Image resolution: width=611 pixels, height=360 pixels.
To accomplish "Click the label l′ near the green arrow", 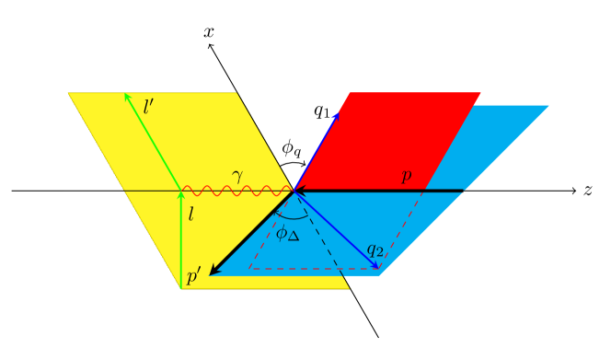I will coord(148,107).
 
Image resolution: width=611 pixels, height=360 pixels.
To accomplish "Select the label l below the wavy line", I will coord(190,215).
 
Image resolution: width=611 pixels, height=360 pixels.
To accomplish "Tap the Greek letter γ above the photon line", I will coord(237,176).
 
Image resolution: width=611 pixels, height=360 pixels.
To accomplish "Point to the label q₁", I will coord(321,111).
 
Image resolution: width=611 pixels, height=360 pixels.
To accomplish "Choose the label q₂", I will coord(375,250).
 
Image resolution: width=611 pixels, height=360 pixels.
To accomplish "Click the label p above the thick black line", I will coord(406,176).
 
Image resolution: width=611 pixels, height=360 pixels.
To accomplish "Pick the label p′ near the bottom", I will coord(193,277).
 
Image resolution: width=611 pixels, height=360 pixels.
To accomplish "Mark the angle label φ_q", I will coord(291,146).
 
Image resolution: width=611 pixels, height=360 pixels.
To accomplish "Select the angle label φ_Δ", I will coord(287,234).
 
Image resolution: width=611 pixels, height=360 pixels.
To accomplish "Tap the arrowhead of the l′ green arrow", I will coord(127,96).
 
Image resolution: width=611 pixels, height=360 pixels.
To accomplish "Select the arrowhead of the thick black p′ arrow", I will coord(214,271).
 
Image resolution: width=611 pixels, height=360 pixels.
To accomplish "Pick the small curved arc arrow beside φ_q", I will coord(293,163).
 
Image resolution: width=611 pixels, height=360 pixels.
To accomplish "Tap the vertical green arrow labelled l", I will coord(181,239).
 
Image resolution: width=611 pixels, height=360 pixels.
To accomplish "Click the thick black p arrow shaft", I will coord(386,192).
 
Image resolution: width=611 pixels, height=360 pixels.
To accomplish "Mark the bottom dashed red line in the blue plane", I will coord(313,269).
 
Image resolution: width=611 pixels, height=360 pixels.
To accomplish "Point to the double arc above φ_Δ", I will coord(293,215).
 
